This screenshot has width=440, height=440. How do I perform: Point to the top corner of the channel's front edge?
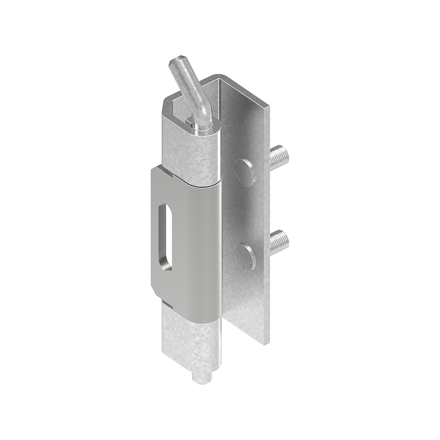click(x=269, y=108)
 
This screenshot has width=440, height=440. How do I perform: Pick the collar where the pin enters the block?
click(x=202, y=128)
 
